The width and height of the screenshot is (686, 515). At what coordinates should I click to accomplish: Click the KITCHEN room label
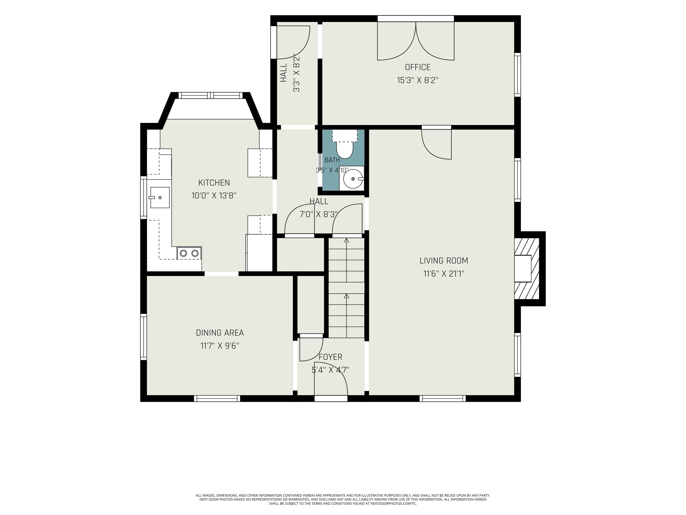[214, 182]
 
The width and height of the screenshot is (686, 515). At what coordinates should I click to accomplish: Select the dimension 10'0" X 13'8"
[214, 195]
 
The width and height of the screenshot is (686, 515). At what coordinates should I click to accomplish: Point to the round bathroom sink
[353, 179]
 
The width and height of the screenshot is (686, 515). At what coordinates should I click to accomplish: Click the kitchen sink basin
[160, 198]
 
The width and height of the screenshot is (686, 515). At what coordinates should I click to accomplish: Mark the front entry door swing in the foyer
[331, 379]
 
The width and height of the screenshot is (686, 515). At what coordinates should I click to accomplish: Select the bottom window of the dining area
[217, 398]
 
